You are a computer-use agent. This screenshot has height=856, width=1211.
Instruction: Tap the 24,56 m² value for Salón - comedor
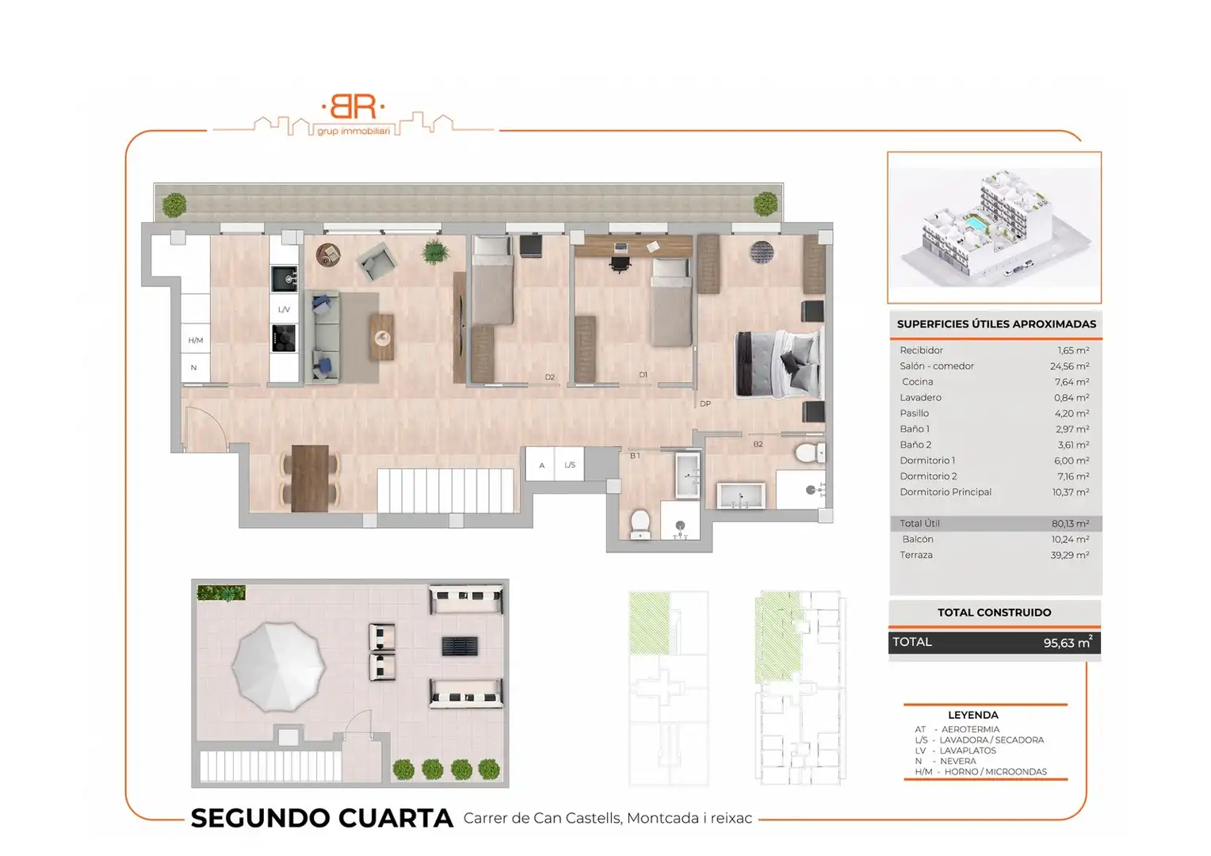[x=1069, y=366]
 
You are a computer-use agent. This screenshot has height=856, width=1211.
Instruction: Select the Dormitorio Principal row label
[x=945, y=492]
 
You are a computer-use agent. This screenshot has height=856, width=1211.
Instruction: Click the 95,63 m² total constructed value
[x=1068, y=643]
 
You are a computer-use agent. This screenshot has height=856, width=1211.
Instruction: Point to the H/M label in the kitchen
[x=196, y=340]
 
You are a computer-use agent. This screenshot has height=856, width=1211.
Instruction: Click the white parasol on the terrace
[x=278, y=667]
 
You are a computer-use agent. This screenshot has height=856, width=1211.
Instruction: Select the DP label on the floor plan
[x=705, y=403]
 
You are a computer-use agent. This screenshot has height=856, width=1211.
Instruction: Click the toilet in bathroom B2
[x=810, y=453]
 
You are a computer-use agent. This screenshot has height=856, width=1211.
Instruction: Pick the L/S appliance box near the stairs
[x=569, y=464]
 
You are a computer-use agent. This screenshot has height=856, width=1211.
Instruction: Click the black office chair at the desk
[x=621, y=263]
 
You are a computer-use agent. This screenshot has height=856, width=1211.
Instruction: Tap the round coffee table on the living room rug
[x=383, y=338]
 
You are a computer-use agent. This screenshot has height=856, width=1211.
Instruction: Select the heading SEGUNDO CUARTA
[x=322, y=818]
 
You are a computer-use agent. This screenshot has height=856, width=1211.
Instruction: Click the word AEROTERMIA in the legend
[x=970, y=729]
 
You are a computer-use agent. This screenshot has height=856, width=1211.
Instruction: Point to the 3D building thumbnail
[x=994, y=227]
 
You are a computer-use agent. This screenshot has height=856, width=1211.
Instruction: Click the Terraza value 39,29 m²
[x=1069, y=555]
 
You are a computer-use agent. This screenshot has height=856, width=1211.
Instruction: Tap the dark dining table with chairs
[x=310, y=478]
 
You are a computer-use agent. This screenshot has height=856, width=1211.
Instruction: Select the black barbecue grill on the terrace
[x=460, y=646]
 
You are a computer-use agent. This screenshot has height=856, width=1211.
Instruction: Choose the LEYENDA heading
[x=973, y=715]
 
